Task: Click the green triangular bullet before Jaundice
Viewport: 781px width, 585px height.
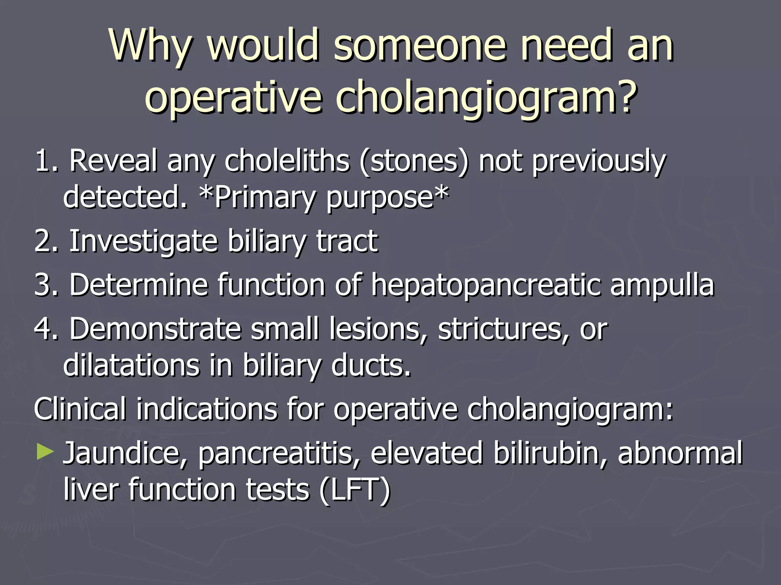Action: pyautogui.click(x=45, y=452)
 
